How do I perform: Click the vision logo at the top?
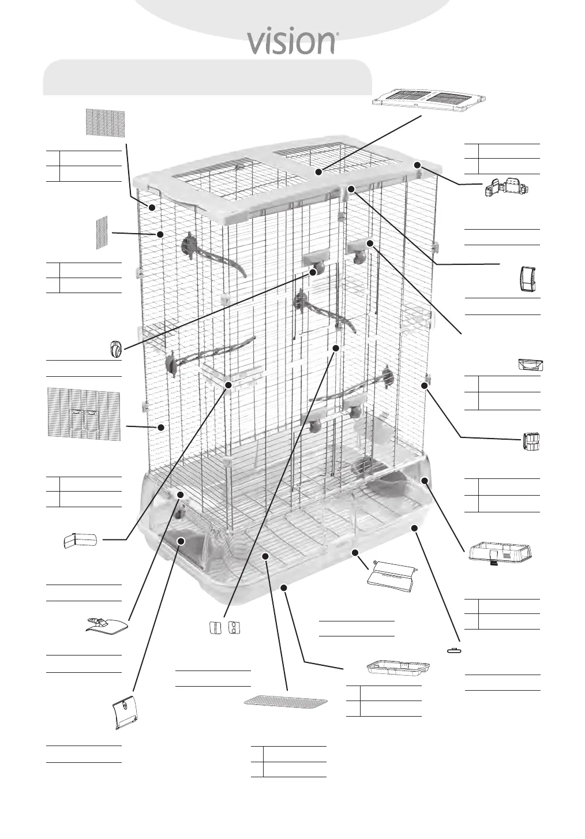[x=292, y=42]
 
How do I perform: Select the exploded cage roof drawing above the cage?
[x=431, y=99]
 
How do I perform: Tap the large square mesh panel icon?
[x=105, y=122]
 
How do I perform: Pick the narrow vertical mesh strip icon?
[x=102, y=233]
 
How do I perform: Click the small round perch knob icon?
[x=115, y=350]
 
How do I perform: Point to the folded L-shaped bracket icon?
[x=81, y=541]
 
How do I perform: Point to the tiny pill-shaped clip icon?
[x=455, y=650]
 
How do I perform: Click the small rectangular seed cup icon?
[x=531, y=365]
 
